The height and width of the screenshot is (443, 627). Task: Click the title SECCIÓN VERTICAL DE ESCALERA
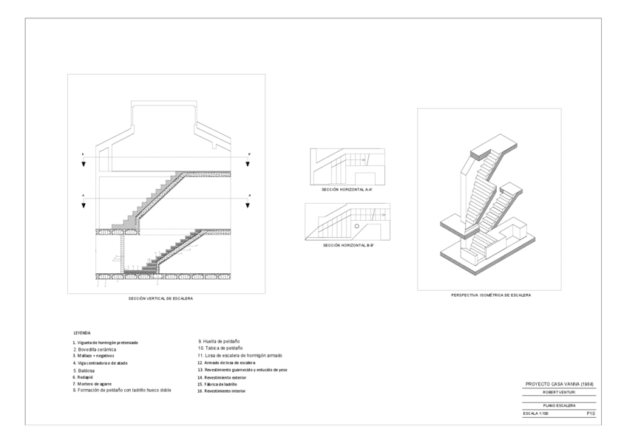coord(160,299)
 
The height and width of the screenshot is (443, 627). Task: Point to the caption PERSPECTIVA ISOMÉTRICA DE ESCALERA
coord(491,295)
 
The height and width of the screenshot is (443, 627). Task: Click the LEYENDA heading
coord(81,334)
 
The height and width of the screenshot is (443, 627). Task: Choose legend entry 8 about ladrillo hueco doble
coord(122,390)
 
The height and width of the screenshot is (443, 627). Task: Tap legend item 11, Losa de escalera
coord(240,355)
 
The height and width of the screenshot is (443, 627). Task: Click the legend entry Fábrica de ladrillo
coord(217,384)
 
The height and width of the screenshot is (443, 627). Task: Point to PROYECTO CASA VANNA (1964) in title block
coord(559,384)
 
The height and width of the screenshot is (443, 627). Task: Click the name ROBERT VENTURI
coord(559,392)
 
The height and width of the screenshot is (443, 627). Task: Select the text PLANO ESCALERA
coord(559,405)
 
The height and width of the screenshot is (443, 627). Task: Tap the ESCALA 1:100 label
coord(536,414)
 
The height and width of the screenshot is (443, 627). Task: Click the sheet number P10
coord(591,414)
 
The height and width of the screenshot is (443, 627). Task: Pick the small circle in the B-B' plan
coord(356,226)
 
